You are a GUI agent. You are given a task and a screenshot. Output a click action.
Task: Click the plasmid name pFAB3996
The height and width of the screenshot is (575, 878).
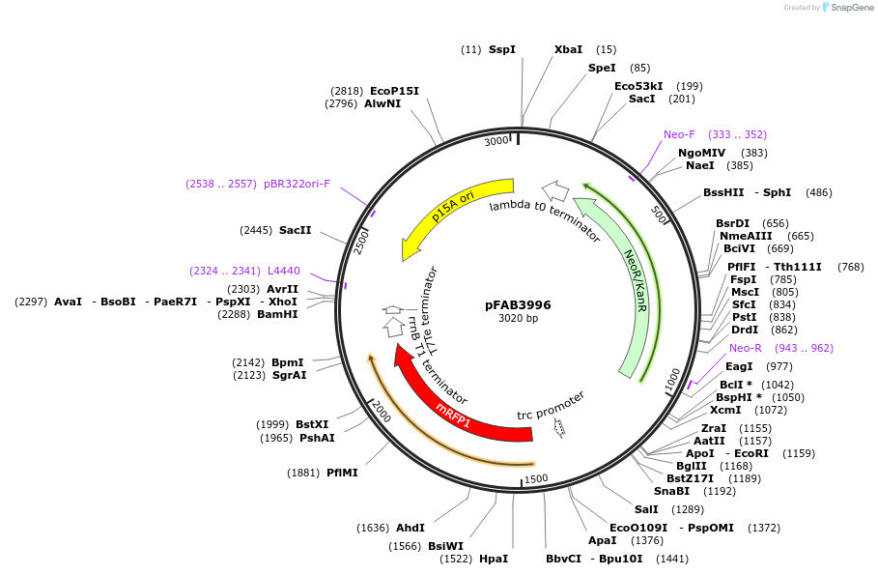point(518,304)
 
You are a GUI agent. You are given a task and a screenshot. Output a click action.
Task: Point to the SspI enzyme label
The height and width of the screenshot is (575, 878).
point(501,49)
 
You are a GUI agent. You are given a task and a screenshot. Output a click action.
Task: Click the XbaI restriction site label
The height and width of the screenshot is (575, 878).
point(568,49)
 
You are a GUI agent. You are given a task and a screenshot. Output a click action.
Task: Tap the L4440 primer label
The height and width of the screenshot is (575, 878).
point(284,271)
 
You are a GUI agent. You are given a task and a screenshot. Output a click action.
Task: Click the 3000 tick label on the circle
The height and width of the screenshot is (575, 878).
point(496,142)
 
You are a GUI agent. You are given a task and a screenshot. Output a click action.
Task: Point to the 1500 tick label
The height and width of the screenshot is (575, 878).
point(535,478)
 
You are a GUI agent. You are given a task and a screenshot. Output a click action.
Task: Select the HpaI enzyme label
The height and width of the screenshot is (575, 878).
point(493,559)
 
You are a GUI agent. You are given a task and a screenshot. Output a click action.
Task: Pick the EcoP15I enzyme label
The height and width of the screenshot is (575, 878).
point(394,91)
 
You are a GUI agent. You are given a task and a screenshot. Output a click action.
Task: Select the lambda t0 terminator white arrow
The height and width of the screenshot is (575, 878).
point(554,189)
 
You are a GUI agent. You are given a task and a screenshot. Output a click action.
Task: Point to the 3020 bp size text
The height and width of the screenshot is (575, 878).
point(518,319)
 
